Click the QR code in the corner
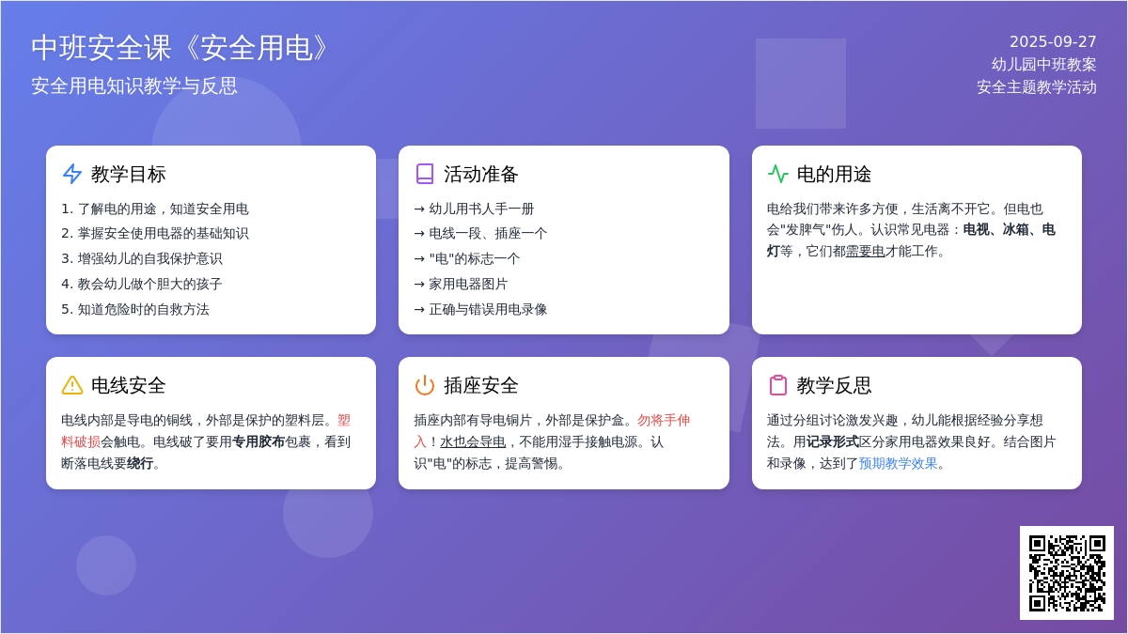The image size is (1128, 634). point(1067,573)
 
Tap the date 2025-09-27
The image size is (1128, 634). point(1053,41)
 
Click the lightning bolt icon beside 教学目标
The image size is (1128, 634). point(72,174)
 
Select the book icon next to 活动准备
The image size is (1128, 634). point(425,174)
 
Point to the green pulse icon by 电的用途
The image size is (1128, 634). point(778,174)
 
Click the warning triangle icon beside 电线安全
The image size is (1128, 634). point(72,385)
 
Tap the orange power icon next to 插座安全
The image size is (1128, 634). point(425,385)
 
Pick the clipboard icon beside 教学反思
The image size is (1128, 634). point(778,385)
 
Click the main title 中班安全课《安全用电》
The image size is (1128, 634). point(180,48)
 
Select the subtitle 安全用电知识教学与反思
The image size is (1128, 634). point(133,86)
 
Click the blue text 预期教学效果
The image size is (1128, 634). point(898,463)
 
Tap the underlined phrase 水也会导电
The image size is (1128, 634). point(473,441)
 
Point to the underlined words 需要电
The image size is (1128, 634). point(865,251)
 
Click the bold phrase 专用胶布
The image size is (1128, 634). point(258,441)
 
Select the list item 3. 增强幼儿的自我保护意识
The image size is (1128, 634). point(142,258)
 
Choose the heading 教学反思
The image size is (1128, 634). point(834,385)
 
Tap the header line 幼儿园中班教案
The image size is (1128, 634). point(1044,65)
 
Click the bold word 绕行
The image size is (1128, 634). point(140,463)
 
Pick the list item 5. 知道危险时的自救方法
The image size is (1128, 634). point(135,309)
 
